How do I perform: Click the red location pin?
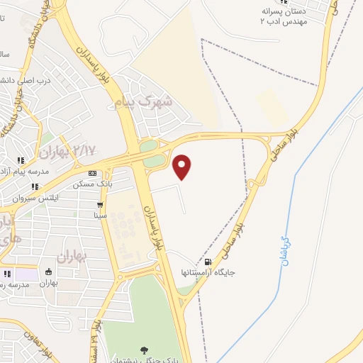tap(182, 166)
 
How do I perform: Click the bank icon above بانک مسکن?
tap(93, 174)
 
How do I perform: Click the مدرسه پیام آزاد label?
tap(26, 172)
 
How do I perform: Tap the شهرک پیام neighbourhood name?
tap(144, 102)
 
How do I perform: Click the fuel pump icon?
tap(206, 261)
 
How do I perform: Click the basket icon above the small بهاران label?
tap(49, 272)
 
